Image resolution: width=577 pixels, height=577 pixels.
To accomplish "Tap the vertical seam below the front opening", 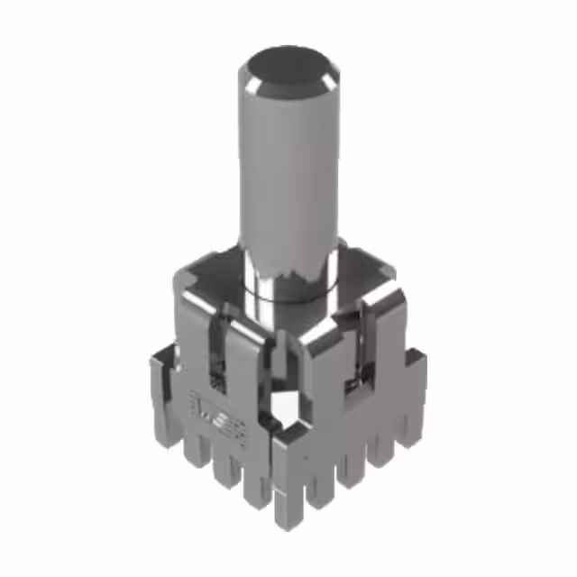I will [273, 460].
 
